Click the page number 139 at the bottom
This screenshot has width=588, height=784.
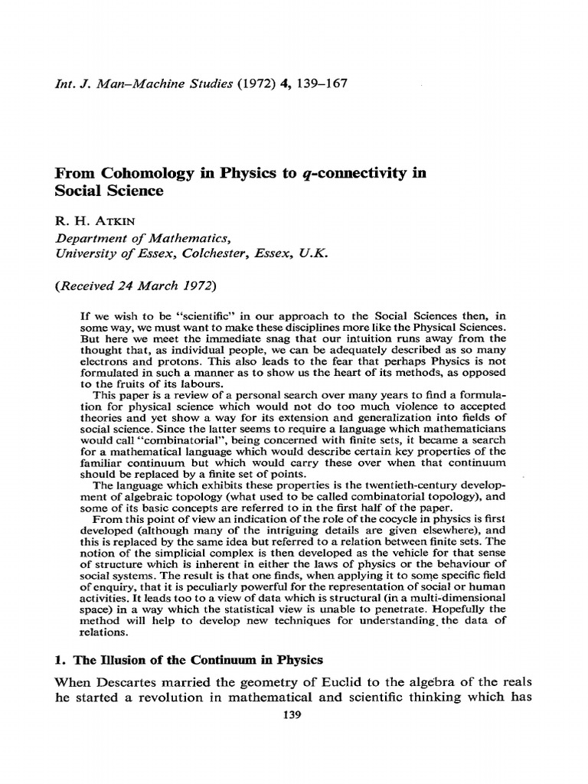293,715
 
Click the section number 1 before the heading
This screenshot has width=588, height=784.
58,660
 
